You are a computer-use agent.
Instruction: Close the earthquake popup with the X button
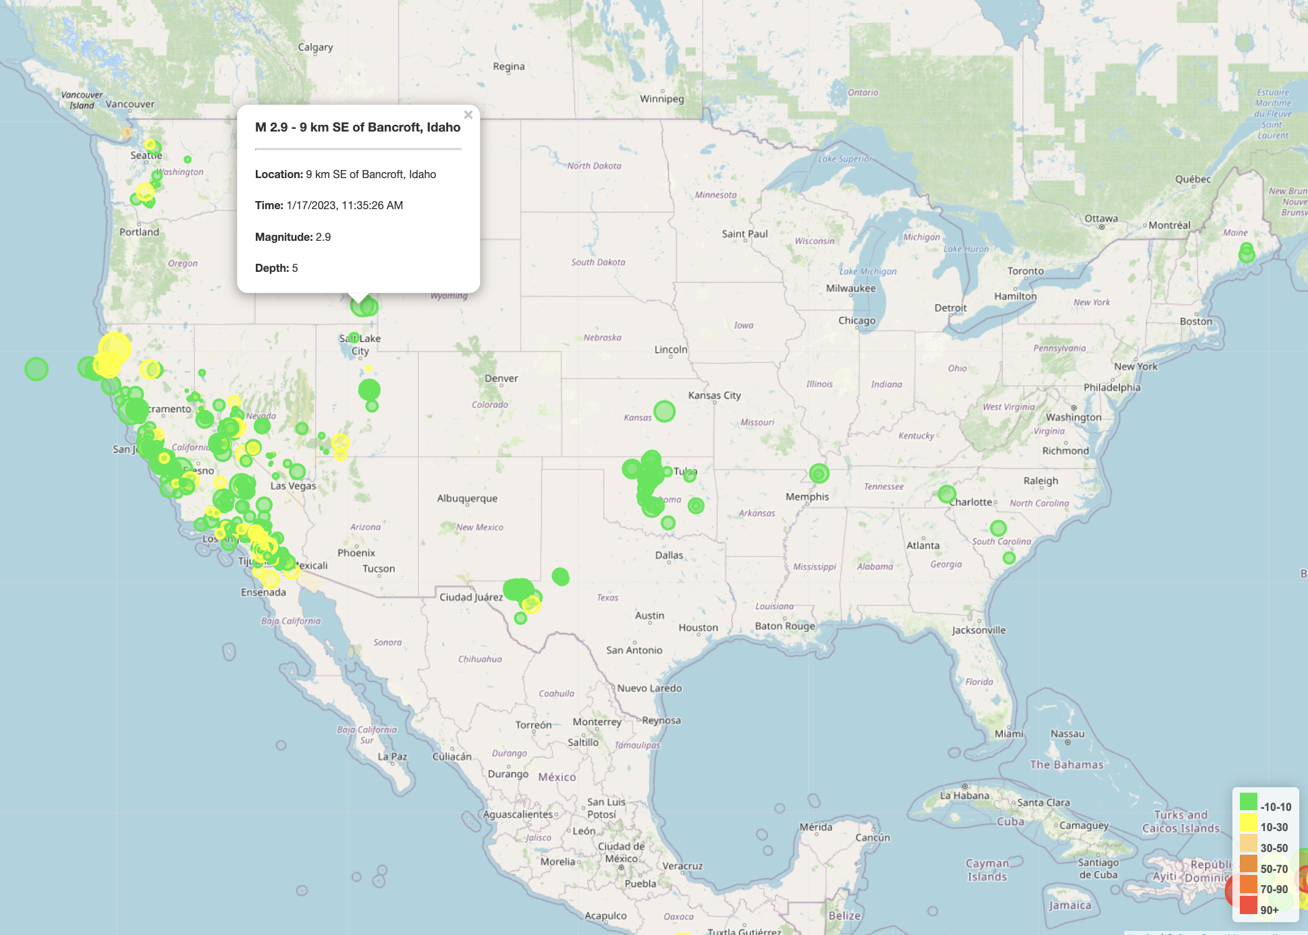tap(468, 115)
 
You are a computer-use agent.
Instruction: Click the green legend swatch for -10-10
tap(1248, 801)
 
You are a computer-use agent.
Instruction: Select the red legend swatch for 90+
tap(1248, 905)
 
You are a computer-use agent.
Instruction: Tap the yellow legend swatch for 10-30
tap(1248, 822)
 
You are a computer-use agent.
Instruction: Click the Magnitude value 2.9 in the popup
tap(323, 237)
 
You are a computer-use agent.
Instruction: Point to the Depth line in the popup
tap(277, 268)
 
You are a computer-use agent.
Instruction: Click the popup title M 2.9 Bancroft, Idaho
tap(358, 128)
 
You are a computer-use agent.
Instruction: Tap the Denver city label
tap(501, 378)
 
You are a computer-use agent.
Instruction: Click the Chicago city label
tap(856, 320)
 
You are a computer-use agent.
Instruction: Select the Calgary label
tap(315, 47)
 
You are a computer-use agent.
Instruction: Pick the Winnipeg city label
tap(661, 99)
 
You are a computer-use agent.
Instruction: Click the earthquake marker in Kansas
tap(664, 411)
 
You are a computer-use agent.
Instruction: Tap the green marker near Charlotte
tap(947, 494)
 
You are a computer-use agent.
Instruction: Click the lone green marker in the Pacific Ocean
tap(36, 368)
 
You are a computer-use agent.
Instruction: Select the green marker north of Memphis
tap(819, 474)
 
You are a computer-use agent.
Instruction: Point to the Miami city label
tap(1008, 734)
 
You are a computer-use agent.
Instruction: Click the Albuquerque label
tap(467, 499)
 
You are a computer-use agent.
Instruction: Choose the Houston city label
tap(698, 627)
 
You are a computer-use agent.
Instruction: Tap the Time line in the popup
tap(329, 205)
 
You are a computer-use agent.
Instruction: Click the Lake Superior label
tap(845, 159)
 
